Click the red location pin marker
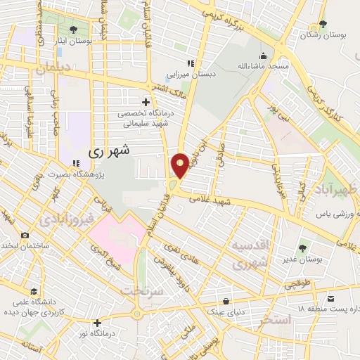180,165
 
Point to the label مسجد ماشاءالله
263,66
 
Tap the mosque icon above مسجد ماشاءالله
263,56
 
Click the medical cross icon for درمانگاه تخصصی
146,102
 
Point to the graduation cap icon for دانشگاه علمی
33,291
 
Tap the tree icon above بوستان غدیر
302,247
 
